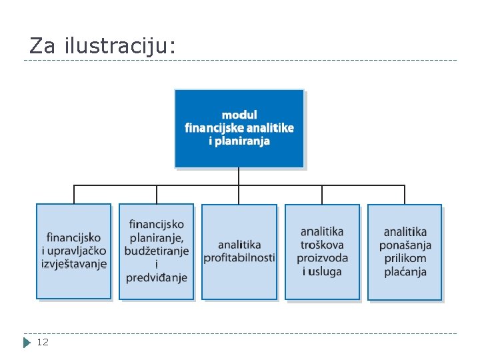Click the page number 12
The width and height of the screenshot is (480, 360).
42,342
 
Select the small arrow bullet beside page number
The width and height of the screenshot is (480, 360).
27,343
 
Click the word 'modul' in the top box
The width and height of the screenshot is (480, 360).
239,115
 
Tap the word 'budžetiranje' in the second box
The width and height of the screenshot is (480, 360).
157,251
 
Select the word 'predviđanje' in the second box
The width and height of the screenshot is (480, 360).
157,277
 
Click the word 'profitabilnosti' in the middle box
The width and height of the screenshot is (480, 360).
239,258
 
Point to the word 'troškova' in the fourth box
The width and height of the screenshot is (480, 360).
322,245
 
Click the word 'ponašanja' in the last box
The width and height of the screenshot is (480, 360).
405,245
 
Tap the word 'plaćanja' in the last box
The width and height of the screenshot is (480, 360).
405,271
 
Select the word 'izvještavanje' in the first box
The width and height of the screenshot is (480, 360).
74,264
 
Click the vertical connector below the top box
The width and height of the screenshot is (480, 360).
239,176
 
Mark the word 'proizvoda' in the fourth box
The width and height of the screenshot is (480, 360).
322,258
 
